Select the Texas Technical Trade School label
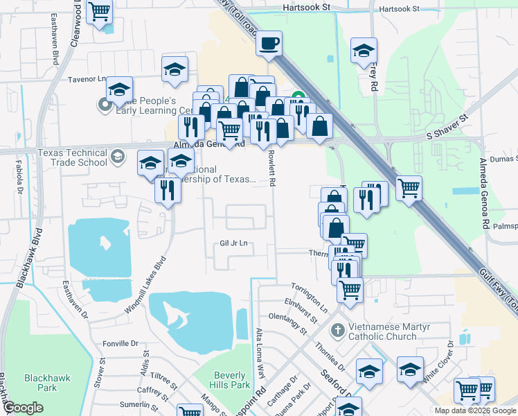point(72,157)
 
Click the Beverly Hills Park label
point(231,379)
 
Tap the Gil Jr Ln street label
point(233,243)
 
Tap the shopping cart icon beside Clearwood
point(100,12)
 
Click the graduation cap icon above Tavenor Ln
point(175,69)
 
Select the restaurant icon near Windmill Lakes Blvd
point(167,189)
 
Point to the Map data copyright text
point(475,410)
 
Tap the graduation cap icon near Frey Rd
point(364,51)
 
